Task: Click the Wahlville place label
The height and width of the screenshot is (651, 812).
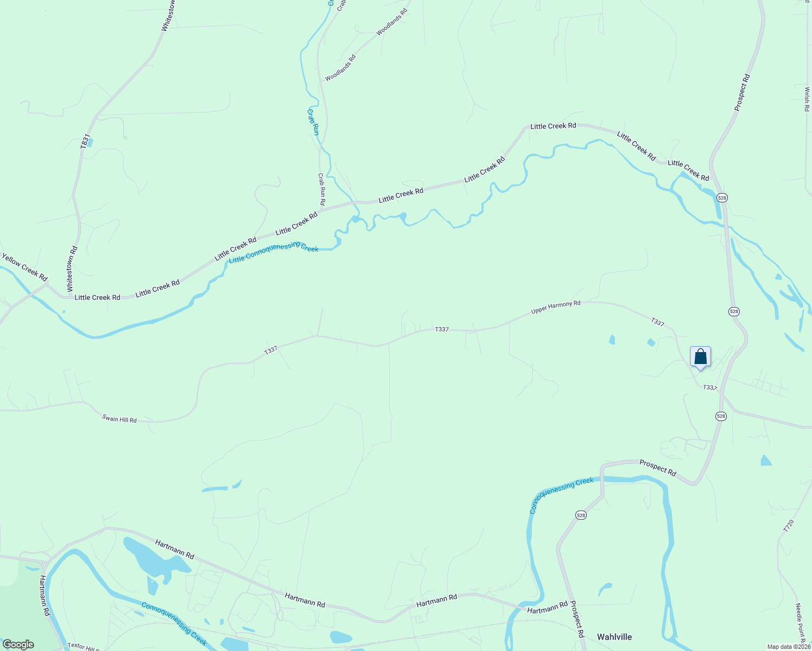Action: tap(614, 637)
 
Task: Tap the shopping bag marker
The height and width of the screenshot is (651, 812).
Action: tap(700, 357)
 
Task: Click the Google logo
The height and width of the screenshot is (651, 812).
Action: tap(18, 644)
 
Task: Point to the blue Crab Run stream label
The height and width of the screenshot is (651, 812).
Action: tap(313, 122)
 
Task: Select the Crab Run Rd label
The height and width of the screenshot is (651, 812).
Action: tap(321, 189)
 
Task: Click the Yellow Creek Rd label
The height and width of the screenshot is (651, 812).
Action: tap(24, 265)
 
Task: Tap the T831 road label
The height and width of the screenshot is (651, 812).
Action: tap(84, 141)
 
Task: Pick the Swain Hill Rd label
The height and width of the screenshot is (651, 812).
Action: tap(119, 419)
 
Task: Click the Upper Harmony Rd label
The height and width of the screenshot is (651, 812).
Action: tap(555, 307)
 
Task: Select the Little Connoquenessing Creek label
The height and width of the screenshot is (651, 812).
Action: tap(274, 252)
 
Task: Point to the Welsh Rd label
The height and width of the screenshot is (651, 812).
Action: tap(807, 99)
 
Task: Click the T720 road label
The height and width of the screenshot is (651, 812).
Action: tap(789, 525)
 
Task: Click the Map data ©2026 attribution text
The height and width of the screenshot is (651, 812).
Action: tap(788, 647)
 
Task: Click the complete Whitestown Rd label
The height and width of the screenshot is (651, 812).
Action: tap(72, 269)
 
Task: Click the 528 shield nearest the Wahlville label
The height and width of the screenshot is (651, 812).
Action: tap(581, 515)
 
